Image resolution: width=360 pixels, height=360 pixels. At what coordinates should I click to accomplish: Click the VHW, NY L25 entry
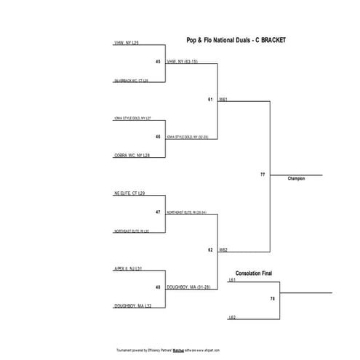(x=131, y=44)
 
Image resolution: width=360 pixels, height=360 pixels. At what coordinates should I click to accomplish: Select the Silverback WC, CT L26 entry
(x=131, y=81)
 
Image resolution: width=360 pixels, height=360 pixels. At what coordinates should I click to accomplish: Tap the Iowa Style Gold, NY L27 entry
(x=132, y=118)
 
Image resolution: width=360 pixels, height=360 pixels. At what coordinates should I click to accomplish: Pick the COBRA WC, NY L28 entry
(x=132, y=155)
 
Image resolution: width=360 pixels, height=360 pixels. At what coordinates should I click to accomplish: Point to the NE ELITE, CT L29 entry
(x=130, y=193)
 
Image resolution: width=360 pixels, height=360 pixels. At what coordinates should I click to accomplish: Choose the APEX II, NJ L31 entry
(x=128, y=268)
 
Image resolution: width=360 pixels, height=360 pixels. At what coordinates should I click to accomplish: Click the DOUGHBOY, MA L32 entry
(x=132, y=306)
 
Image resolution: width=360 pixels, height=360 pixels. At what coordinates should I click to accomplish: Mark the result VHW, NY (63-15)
(x=183, y=62)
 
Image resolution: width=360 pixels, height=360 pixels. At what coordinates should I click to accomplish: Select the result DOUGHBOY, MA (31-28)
(x=188, y=287)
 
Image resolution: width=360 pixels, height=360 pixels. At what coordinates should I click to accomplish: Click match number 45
(x=158, y=62)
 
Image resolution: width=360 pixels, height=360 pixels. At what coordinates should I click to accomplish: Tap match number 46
(x=158, y=136)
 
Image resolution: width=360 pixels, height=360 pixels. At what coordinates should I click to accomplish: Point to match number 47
(x=158, y=212)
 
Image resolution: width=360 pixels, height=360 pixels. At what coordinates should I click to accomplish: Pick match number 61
(x=210, y=99)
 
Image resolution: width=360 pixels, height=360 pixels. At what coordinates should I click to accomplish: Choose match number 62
(x=210, y=249)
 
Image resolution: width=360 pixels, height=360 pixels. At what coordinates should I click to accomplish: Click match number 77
(x=262, y=175)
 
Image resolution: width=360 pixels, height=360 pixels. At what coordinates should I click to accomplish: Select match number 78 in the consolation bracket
(x=272, y=299)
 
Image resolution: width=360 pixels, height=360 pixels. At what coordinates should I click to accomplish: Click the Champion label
(x=296, y=179)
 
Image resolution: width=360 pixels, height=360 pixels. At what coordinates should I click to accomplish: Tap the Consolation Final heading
(x=253, y=273)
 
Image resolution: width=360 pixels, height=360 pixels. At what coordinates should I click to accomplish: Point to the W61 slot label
(x=223, y=99)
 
